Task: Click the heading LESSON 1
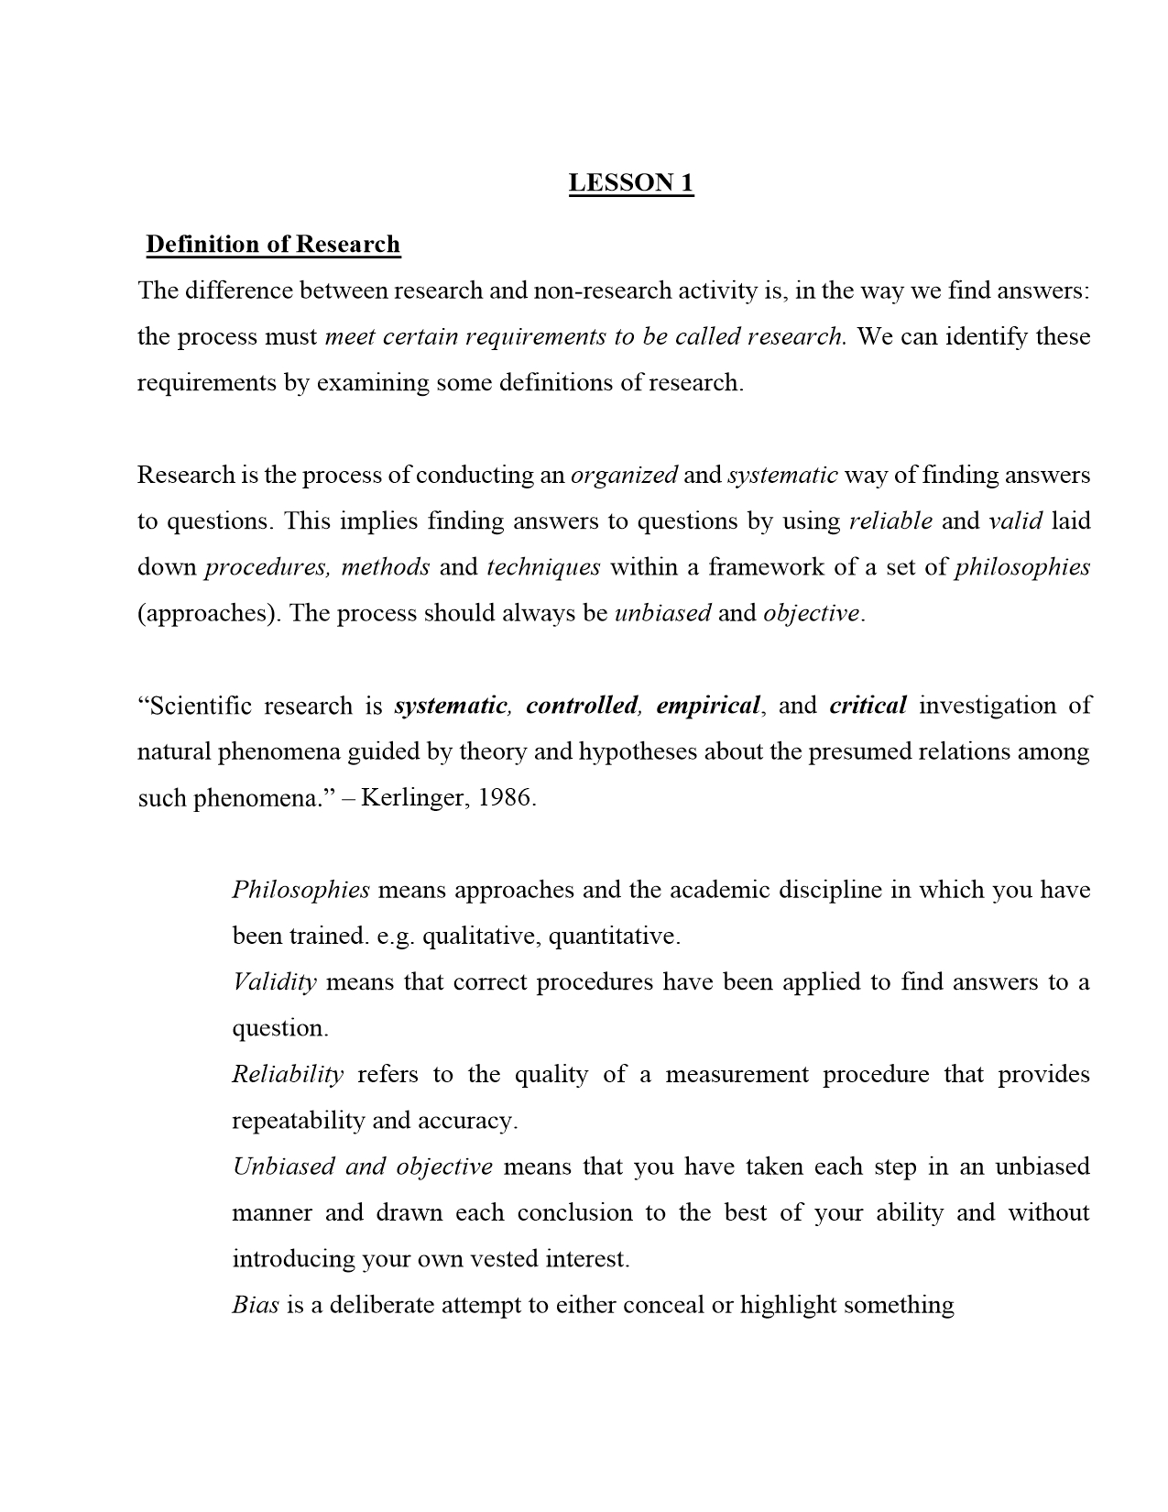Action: click(631, 182)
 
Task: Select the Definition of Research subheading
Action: click(273, 244)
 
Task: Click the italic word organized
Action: click(624, 475)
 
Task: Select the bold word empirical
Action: click(708, 706)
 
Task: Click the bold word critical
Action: click(868, 706)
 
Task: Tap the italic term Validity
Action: click(274, 982)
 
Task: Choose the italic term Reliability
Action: click(288, 1074)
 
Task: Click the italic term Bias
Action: click(255, 1305)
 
